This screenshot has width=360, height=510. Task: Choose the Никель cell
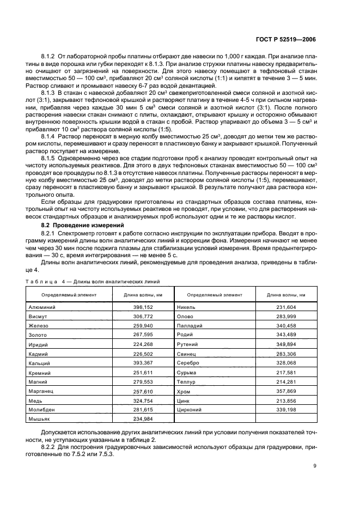(x=187, y=307)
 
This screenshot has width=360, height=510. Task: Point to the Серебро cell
(x=188, y=363)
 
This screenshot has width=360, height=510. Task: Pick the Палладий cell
(x=190, y=326)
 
